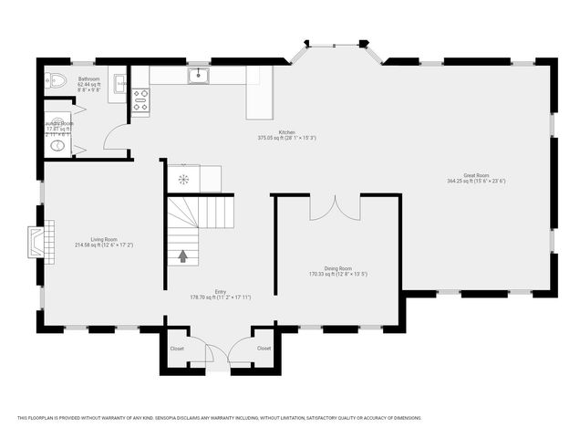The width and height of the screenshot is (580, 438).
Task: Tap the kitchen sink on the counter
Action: tap(198, 76)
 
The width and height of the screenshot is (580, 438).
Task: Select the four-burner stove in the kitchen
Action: tap(141, 99)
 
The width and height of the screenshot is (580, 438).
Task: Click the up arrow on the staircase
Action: tap(182, 256)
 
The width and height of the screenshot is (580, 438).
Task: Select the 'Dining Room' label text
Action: tap(338, 269)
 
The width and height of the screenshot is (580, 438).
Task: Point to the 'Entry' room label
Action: tap(220, 292)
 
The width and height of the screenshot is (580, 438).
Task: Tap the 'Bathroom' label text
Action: tap(88, 80)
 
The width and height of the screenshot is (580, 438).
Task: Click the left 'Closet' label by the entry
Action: tap(177, 348)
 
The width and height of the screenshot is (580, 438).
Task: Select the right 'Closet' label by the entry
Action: tap(264, 348)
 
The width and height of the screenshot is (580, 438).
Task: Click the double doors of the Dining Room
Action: tap(335, 208)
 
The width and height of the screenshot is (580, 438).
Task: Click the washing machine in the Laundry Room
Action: tap(57, 144)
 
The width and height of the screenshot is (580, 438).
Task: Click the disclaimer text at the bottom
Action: tap(219, 418)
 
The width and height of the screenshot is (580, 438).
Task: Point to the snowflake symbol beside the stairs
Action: tap(183, 179)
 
